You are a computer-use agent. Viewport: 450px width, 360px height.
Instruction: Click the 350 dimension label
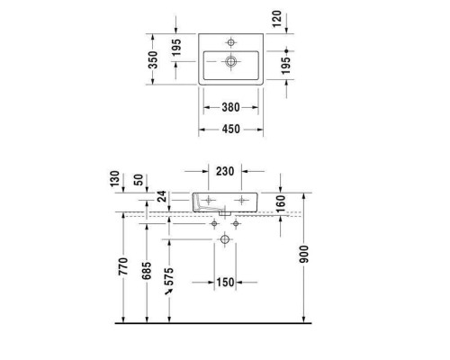tap(153, 59)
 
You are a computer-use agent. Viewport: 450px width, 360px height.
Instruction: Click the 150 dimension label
tap(225, 283)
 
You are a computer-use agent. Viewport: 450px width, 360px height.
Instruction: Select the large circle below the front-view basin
tap(224, 238)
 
